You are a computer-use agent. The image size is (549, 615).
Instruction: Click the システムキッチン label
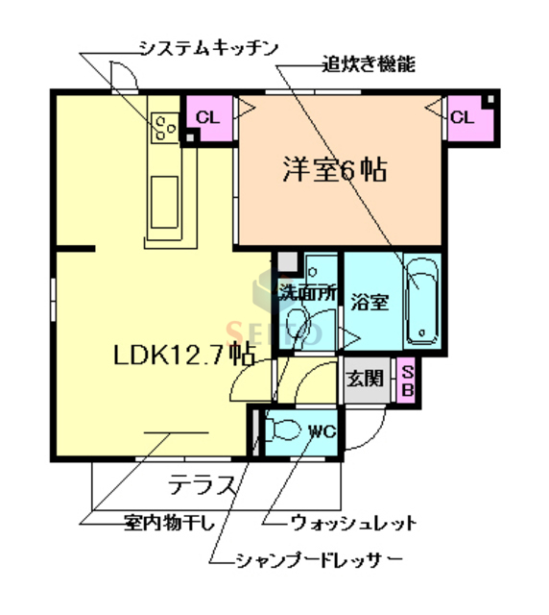207,45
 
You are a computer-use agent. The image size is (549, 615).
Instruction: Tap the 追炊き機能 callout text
369,65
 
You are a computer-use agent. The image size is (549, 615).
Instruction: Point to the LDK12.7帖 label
182,355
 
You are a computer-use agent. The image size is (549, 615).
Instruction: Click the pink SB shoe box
406,380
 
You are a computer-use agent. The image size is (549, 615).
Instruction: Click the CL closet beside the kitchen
208,117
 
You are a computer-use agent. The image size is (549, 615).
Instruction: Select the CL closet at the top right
463,118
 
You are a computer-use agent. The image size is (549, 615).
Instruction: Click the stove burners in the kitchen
164,126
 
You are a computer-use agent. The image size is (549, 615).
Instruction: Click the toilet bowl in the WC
286,429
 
